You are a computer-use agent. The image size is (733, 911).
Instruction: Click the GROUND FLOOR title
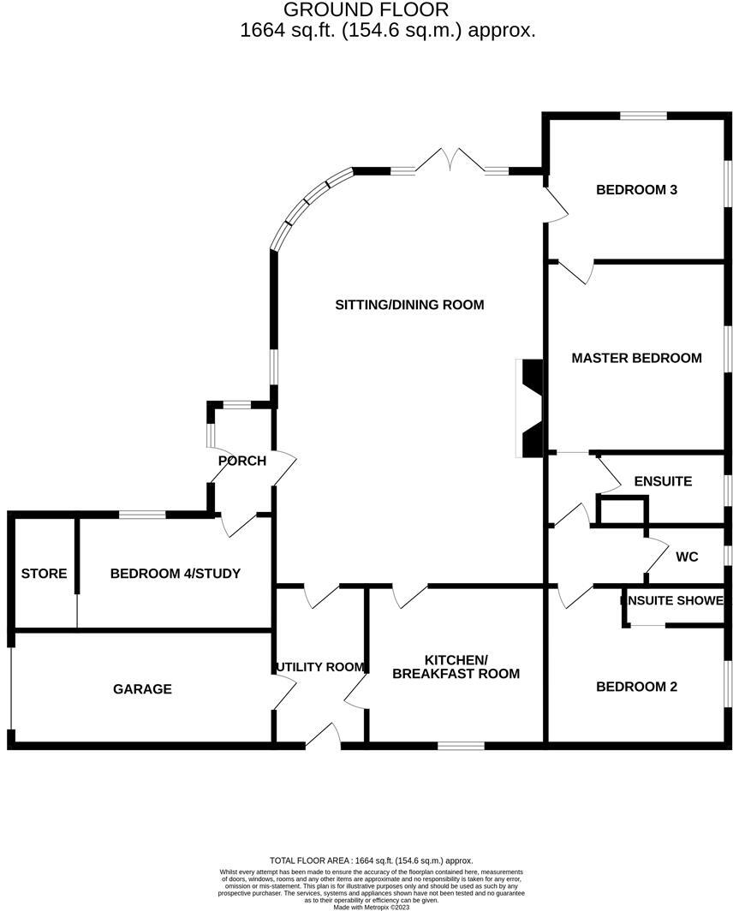coord(366,9)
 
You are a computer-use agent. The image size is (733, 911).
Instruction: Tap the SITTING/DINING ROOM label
coord(409,305)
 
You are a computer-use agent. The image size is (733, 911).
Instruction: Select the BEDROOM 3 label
coord(636,189)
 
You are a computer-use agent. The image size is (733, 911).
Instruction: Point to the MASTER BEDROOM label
coord(636,358)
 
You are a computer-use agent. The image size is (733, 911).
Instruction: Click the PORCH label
coord(241,461)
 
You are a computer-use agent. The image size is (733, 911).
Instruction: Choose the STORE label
coord(44,574)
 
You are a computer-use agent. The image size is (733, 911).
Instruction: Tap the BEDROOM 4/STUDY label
coord(175,574)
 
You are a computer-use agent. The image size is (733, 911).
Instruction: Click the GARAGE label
coord(142,689)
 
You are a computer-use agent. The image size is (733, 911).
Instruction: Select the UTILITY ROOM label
coord(320,667)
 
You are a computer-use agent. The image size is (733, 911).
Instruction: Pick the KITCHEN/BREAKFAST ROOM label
coord(456,667)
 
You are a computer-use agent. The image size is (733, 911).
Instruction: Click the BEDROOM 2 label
coord(636,687)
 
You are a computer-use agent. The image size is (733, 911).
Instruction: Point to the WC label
coord(687,557)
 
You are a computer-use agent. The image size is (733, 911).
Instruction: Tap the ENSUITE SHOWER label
coord(672,600)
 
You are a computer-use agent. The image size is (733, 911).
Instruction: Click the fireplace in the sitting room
coord(529,408)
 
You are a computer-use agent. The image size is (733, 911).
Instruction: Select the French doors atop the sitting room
coord(450,160)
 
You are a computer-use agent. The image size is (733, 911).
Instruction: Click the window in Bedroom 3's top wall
coord(643,116)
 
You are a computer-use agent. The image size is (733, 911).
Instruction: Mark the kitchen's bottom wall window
coord(461,746)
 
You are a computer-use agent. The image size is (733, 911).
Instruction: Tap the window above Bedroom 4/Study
coord(142,515)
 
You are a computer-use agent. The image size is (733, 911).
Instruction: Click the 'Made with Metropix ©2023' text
coord(372,907)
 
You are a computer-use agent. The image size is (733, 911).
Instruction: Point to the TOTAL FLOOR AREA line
coord(372,860)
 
